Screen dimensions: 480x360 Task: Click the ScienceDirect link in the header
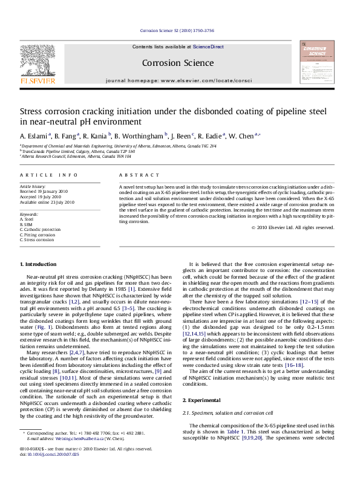pyautogui.click(x=208, y=47)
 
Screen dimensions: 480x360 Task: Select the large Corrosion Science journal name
pyautogui.click(x=177, y=63)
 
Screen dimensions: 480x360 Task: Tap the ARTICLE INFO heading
pyautogui.click(x=49, y=175)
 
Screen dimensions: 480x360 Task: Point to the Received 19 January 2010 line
pyautogui.click(x=44, y=191)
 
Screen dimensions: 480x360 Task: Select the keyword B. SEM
pyautogui.click(x=28, y=224)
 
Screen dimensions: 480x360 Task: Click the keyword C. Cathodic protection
pyautogui.click(x=41, y=229)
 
